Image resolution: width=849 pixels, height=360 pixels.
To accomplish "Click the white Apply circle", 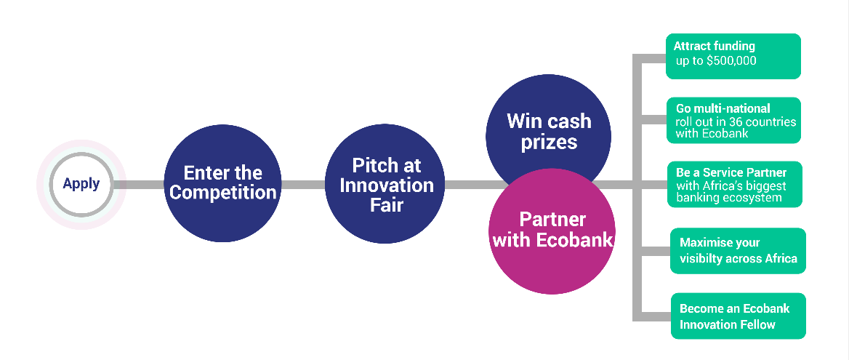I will (x=81, y=184).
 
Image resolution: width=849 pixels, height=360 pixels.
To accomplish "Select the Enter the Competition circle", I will (x=222, y=183).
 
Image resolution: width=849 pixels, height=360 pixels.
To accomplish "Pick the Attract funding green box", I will (x=733, y=55).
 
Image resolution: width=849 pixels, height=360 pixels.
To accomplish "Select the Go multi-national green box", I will (x=733, y=120).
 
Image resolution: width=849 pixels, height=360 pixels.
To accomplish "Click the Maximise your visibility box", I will (x=737, y=251).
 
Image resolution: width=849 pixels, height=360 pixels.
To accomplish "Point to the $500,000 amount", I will (x=731, y=61).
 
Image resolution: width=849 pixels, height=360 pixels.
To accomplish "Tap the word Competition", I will (x=222, y=193).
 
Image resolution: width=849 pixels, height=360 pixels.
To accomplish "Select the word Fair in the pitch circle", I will (x=386, y=206).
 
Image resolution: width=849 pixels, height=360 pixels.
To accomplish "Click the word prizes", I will (x=549, y=142).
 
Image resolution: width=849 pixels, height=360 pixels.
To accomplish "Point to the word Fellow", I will (x=756, y=324).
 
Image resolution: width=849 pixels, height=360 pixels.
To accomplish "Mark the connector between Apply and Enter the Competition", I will (x=144, y=185).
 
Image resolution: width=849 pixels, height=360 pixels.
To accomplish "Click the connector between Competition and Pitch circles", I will (x=302, y=185).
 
